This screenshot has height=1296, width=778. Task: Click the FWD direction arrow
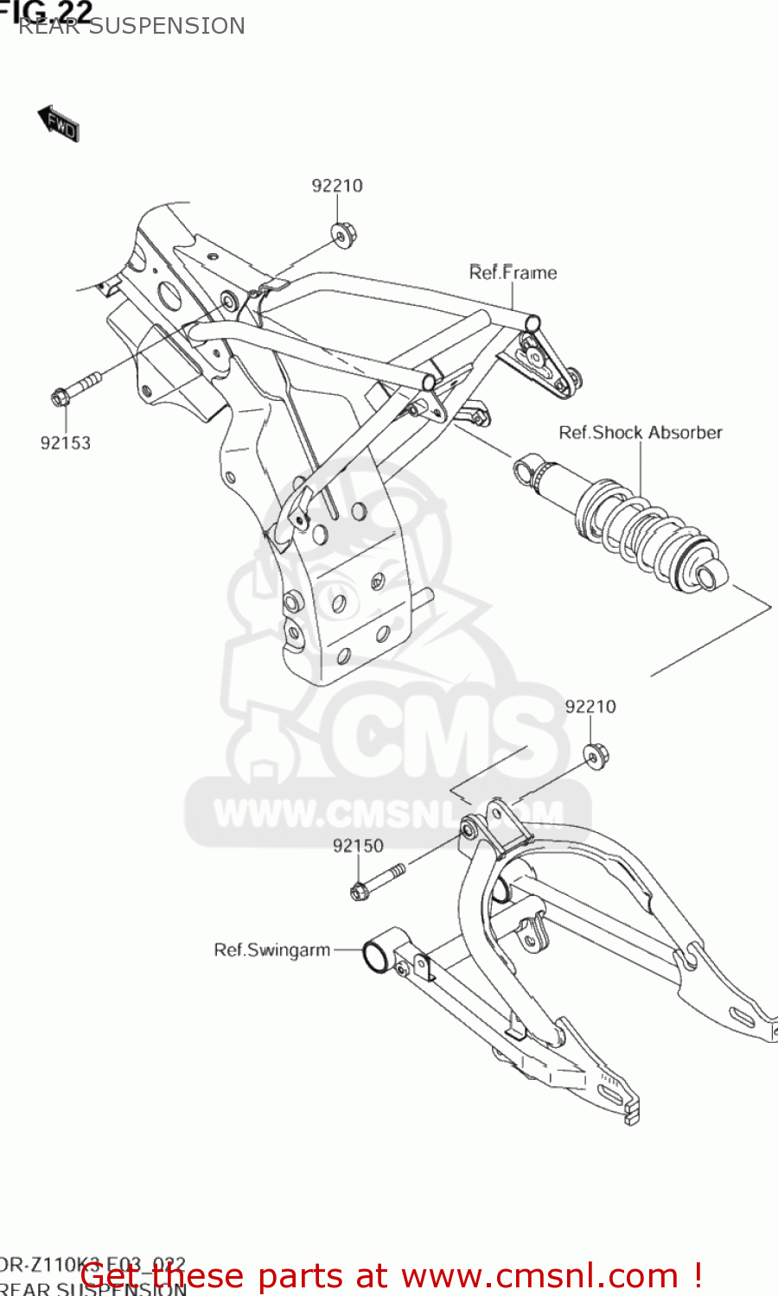coord(59,124)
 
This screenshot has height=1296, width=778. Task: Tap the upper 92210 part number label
coord(337,186)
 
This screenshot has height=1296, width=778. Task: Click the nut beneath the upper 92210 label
coord(342,234)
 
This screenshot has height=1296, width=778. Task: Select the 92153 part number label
coord(66,443)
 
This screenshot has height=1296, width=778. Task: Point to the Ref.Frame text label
coord(513,273)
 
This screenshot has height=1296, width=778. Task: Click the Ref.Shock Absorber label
coord(640,433)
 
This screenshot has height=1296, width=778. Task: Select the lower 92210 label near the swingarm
coord(590,707)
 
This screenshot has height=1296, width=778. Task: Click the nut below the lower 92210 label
coord(595,754)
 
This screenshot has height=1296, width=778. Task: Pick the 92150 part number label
coord(358,846)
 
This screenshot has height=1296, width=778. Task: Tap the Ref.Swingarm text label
coord(271,950)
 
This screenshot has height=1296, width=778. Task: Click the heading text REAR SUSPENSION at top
coord(131,26)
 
